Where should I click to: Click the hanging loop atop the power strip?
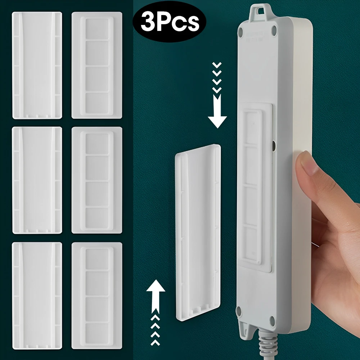(x=260, y=12)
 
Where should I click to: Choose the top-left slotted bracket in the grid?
(x=37, y=65)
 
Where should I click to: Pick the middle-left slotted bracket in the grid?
(x=37, y=180)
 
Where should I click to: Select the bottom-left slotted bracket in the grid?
(x=37, y=295)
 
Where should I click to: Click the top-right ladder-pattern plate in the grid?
(x=97, y=65)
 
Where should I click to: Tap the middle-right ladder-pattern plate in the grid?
(x=97, y=180)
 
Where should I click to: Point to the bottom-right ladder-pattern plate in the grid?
(x=97, y=295)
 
